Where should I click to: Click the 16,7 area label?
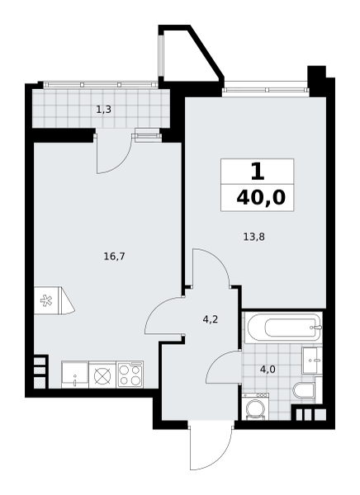(115, 257)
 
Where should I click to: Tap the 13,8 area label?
(253, 237)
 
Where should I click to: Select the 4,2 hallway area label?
(211, 320)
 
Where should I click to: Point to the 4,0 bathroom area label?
(268, 369)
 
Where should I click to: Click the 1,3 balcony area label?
(104, 110)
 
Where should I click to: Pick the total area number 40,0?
(261, 198)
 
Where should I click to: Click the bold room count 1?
(258, 172)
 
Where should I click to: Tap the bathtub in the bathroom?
(285, 328)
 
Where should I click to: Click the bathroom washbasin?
(311, 361)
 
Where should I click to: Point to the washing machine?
(255, 407)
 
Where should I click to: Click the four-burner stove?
(130, 375)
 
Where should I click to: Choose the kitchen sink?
(75, 375)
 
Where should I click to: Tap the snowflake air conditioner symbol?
(46, 300)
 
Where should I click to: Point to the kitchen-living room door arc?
(154, 308)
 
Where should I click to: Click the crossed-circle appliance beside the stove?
(102, 375)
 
